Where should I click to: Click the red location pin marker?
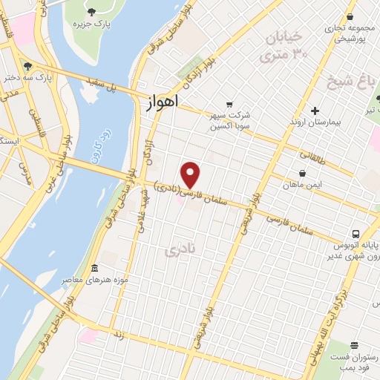[191, 174]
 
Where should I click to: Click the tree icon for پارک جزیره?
[91, 11]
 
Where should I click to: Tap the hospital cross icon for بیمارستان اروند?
[315, 111]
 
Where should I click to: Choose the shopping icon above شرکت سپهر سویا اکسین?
[229, 104]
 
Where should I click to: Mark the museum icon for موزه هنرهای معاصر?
[94, 268]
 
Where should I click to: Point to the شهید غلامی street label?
[138, 211]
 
